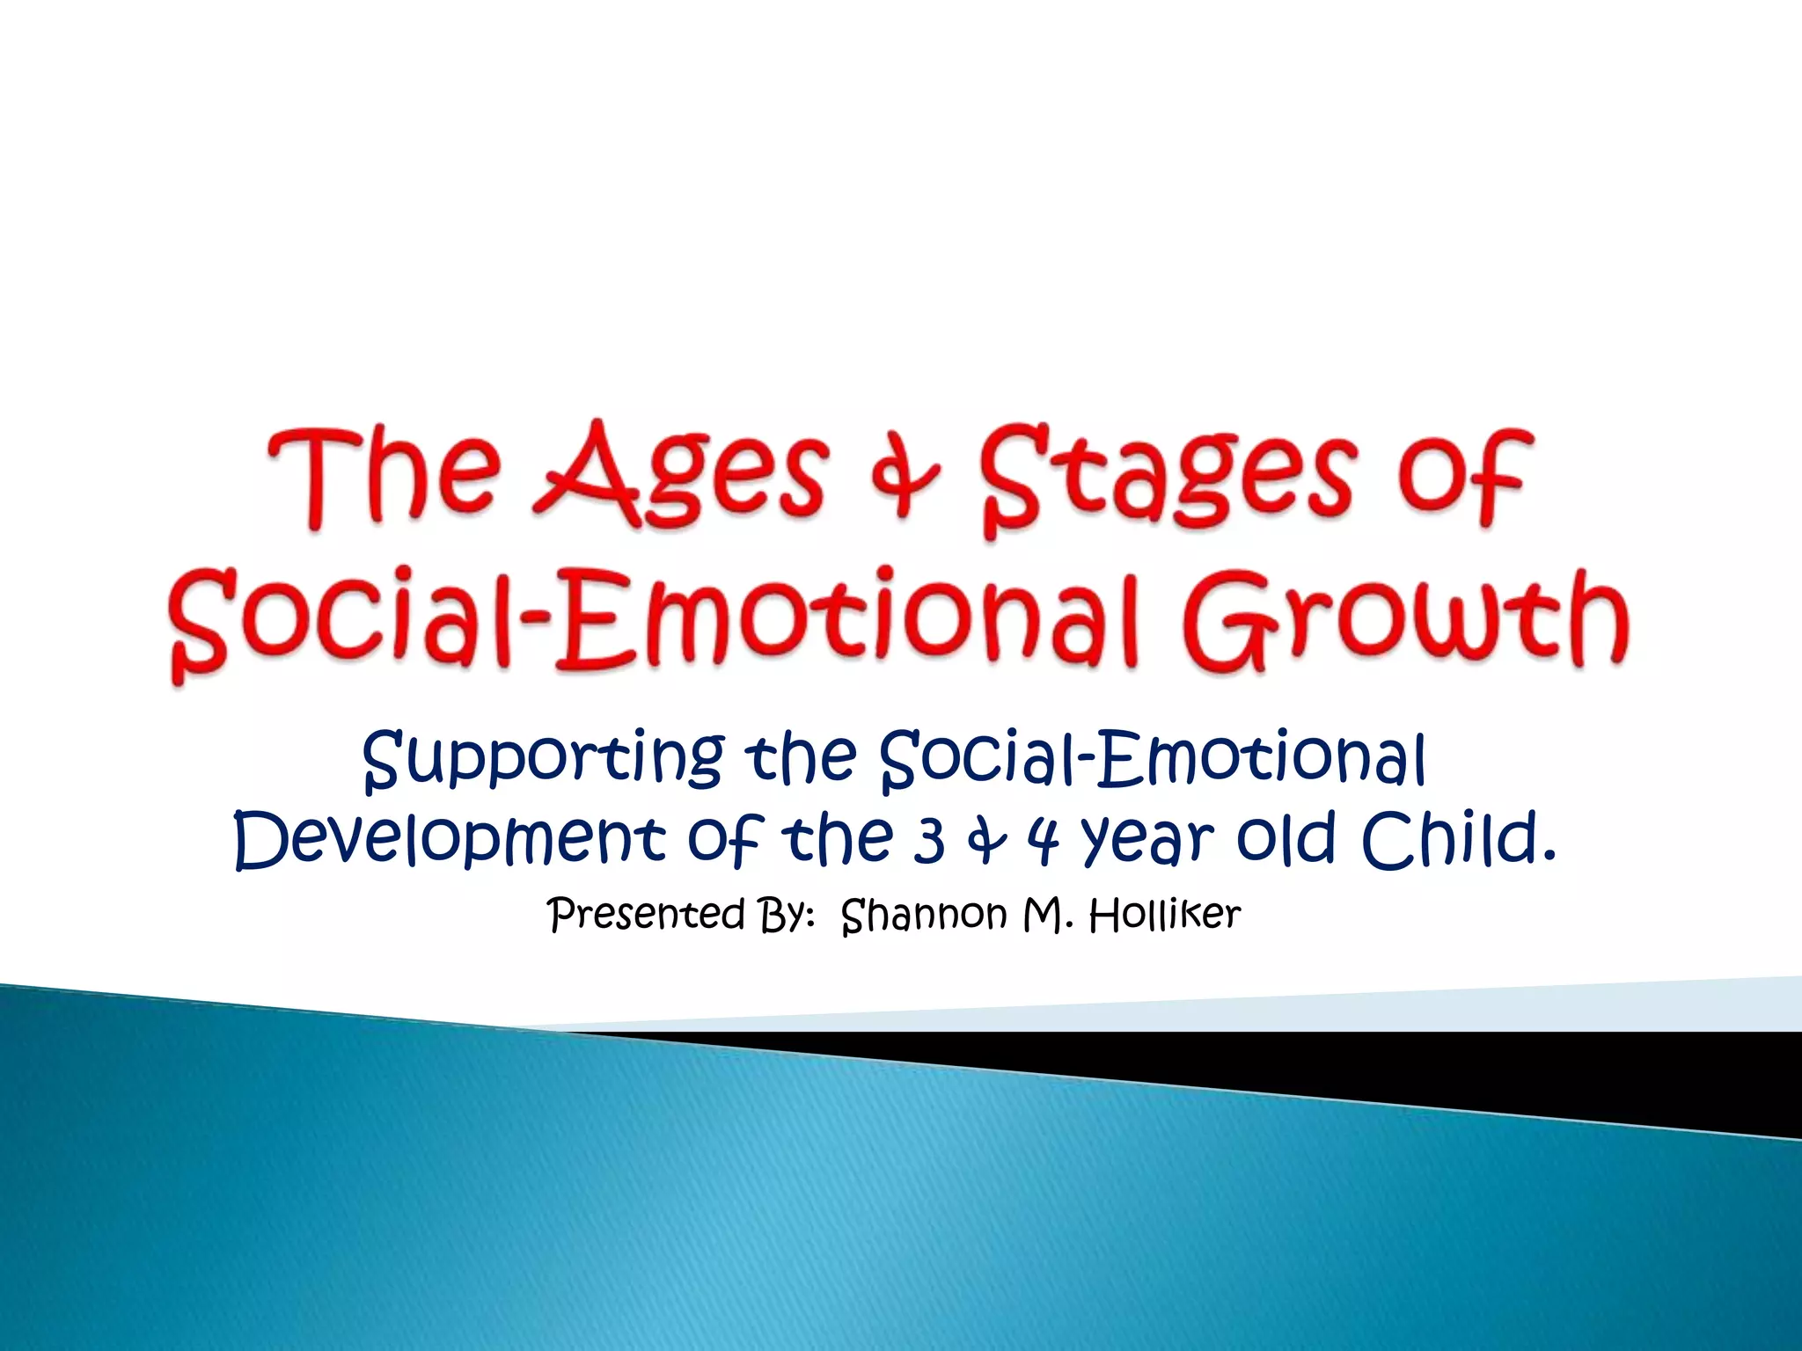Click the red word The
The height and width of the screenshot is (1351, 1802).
coord(384,475)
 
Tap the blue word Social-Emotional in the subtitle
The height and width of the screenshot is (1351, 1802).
coord(1153,758)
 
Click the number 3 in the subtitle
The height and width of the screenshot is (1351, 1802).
coord(929,840)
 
